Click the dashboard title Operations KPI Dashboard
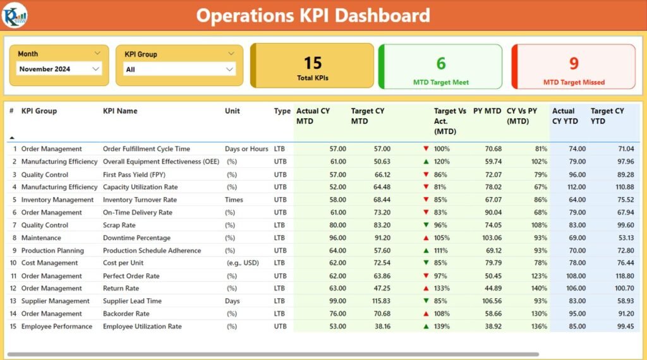tap(313, 15)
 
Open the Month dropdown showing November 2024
tap(59, 69)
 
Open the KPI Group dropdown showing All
tap(179, 69)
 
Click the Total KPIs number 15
tap(313, 63)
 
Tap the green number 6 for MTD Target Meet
tap(440, 63)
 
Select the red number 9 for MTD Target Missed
tap(574, 63)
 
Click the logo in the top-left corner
tap(14, 15)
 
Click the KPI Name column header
tap(120, 111)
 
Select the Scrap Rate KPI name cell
tap(119, 225)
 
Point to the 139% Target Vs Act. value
tap(442, 327)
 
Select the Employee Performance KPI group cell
tap(57, 327)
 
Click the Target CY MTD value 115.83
tap(379, 301)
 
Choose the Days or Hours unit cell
tap(246, 149)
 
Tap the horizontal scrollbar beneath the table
tap(272, 354)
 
